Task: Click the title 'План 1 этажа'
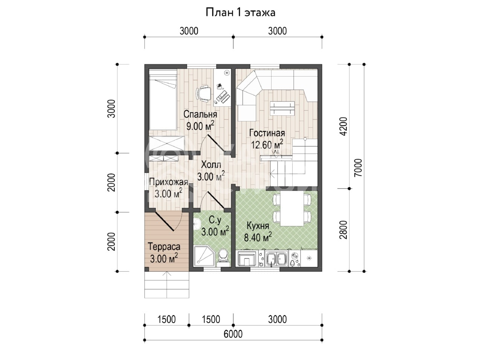click(240, 12)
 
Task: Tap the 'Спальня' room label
click(200, 114)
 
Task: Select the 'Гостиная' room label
click(267, 133)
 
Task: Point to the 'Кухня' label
click(258, 226)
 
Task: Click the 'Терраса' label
click(164, 246)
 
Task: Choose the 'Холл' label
click(211, 164)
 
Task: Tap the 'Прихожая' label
click(168, 182)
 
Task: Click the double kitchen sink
click(276, 259)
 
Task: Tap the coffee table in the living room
click(282, 108)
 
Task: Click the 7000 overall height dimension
click(358, 168)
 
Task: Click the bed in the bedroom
click(163, 100)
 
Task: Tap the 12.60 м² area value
click(267, 144)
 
